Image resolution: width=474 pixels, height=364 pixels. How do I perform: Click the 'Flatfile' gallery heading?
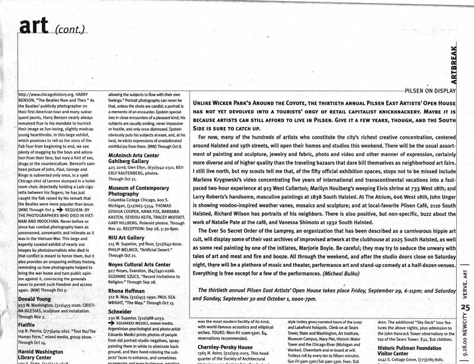point(30,325)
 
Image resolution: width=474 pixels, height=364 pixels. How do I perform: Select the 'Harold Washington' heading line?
point(42,350)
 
